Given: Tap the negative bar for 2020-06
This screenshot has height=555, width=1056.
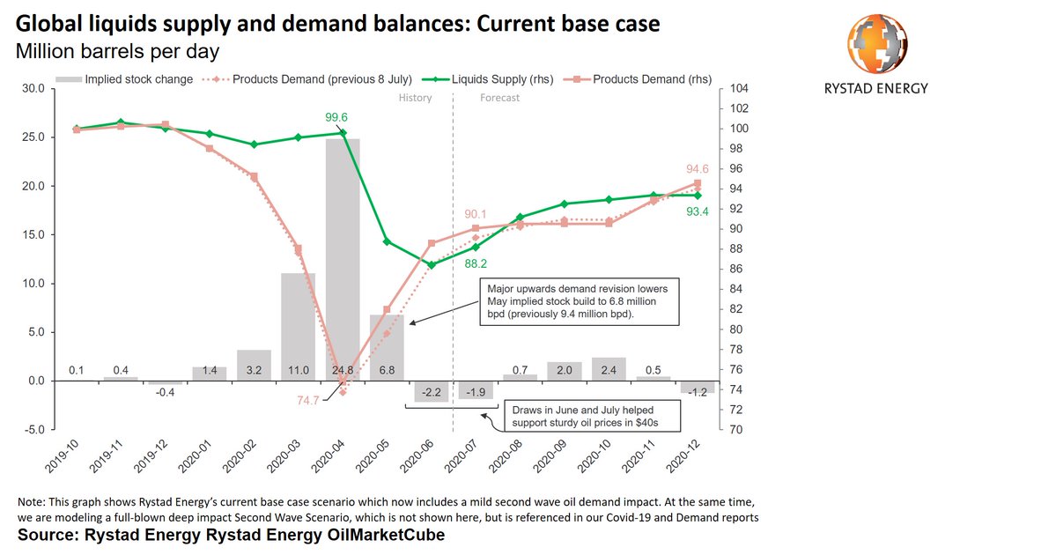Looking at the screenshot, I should pyautogui.click(x=432, y=391).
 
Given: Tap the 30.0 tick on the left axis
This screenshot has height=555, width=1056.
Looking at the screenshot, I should pyautogui.click(x=33, y=88).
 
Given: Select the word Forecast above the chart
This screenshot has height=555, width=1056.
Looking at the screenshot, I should pyautogui.click(x=499, y=98).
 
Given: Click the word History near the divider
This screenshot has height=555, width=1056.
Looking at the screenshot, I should pyautogui.click(x=415, y=98).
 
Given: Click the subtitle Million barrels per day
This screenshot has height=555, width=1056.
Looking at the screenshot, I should pyautogui.click(x=118, y=50).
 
